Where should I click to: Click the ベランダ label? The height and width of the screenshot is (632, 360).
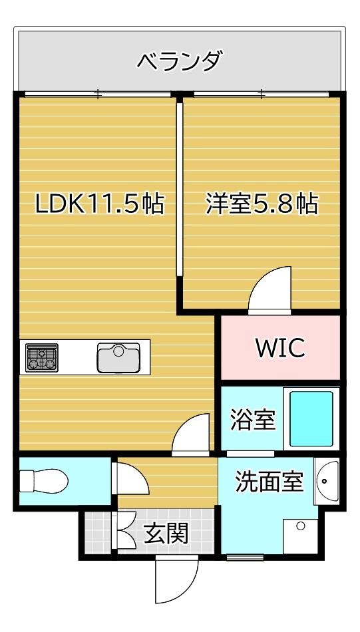[x=180, y=61]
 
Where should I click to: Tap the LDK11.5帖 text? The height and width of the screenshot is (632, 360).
[x=100, y=204]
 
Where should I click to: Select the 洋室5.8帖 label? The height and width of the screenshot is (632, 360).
[x=262, y=204]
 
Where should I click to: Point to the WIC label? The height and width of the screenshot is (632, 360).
[x=281, y=348]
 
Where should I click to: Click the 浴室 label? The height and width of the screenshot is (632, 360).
[x=253, y=419]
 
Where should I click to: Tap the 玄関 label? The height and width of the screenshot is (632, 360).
[x=166, y=534]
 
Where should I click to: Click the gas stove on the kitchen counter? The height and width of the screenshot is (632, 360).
[x=41, y=357]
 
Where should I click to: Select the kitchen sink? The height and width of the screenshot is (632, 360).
[x=118, y=357]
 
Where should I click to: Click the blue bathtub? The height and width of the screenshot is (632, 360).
[x=311, y=418]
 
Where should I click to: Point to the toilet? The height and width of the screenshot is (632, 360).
[x=44, y=481]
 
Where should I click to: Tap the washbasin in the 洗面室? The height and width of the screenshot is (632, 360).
[x=327, y=481]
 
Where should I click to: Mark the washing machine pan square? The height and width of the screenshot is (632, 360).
[x=300, y=536]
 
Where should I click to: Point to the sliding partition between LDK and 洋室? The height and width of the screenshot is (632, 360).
[x=180, y=190]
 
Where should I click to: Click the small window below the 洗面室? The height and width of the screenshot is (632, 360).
[x=245, y=557]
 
